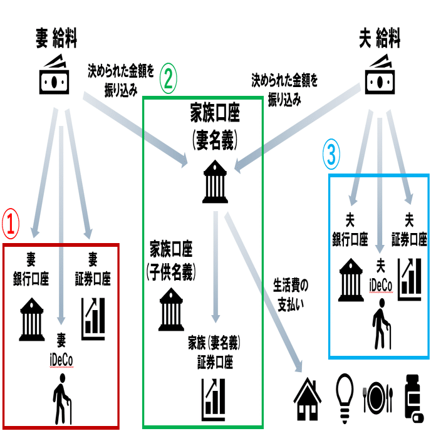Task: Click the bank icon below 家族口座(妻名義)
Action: click(x=214, y=182)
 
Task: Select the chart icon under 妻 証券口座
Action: click(x=94, y=319)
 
